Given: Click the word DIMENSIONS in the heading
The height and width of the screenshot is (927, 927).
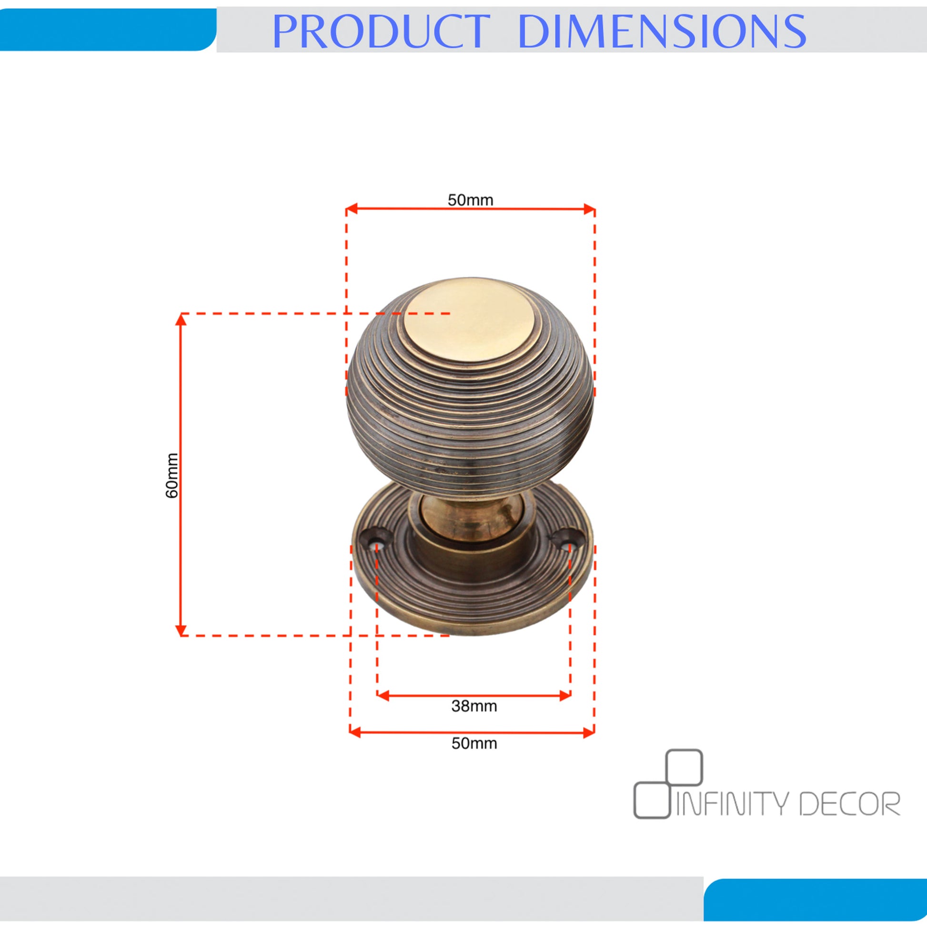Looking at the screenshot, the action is pyautogui.click(x=662, y=31).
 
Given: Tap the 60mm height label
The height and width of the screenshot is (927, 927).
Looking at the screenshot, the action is pyautogui.click(x=172, y=475).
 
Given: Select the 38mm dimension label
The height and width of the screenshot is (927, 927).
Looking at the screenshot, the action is pyautogui.click(x=474, y=706).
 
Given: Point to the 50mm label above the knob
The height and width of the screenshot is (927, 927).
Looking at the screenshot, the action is pyautogui.click(x=470, y=200).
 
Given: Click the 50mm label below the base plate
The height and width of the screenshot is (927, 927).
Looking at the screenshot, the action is pyautogui.click(x=474, y=743).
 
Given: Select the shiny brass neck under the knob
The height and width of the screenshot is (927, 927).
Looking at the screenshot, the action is pyautogui.click(x=470, y=517).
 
